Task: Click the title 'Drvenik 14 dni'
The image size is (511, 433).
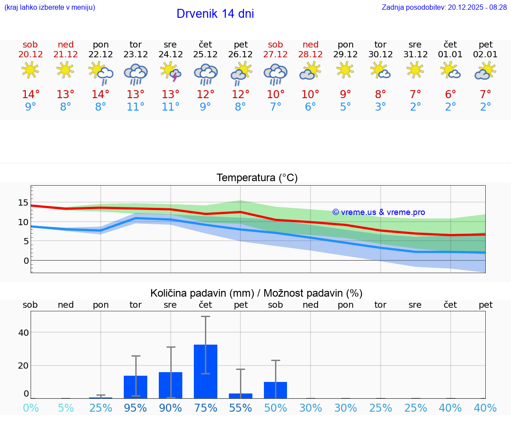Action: click(215, 14)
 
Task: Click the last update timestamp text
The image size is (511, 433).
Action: click(444, 7)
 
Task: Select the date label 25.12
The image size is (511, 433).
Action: click(205, 54)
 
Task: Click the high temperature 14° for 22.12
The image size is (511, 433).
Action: click(101, 94)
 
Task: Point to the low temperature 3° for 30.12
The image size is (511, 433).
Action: click(381, 107)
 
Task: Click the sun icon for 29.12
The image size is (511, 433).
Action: click(346, 70)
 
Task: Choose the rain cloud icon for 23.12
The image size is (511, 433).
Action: click(136, 74)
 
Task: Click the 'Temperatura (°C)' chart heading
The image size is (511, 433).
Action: click(257, 178)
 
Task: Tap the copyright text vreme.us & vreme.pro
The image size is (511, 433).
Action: click(379, 212)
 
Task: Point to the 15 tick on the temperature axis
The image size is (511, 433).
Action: click(23, 203)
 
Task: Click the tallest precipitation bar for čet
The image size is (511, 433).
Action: click(205, 371)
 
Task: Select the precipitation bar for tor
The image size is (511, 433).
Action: click(136, 387)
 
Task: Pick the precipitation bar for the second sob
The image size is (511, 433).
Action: click(275, 390)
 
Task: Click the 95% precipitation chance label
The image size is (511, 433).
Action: click(135, 408)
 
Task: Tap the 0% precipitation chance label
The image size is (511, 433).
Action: click(31, 408)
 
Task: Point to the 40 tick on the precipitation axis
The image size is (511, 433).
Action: click(24, 333)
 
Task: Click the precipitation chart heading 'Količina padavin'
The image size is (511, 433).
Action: click(256, 293)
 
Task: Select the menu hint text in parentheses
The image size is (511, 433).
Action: click(50, 7)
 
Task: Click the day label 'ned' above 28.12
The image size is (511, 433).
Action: click(311, 44)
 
